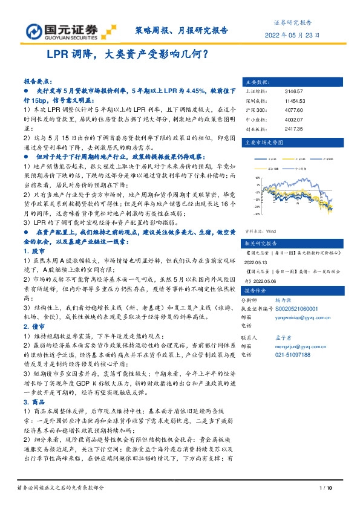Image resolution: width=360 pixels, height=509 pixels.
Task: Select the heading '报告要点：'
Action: pos(38,80)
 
